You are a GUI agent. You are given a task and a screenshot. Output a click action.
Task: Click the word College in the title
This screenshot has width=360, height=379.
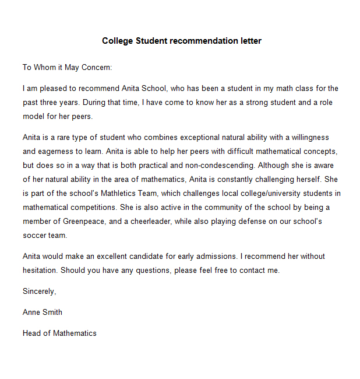[x=117, y=41]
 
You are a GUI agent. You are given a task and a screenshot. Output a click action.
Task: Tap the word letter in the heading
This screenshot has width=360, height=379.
[x=249, y=41]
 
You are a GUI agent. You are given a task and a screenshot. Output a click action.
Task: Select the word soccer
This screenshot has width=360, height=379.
[x=34, y=235]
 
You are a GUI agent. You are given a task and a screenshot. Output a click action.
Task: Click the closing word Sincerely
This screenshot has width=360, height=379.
[x=39, y=291]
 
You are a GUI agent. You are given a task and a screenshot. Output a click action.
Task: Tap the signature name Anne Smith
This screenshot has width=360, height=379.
[x=43, y=312]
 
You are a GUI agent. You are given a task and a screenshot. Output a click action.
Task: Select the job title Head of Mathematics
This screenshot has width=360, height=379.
[x=59, y=333]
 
